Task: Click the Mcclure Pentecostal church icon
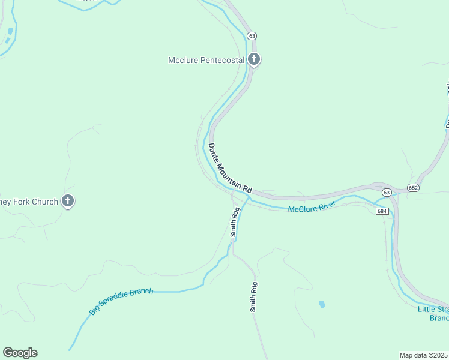(x=254, y=59)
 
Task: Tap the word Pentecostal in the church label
(x=221, y=60)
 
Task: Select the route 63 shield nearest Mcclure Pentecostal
(x=252, y=35)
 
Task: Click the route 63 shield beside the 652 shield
(x=386, y=192)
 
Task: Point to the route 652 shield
(x=414, y=188)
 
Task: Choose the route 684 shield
(x=383, y=211)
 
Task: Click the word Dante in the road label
(x=214, y=152)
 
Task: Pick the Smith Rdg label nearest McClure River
(x=235, y=222)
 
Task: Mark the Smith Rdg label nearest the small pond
(x=254, y=296)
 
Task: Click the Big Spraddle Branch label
(x=121, y=301)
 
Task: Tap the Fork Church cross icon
(x=68, y=202)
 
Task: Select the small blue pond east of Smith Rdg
(x=322, y=304)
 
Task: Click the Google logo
(x=20, y=353)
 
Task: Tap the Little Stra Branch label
(x=433, y=313)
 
